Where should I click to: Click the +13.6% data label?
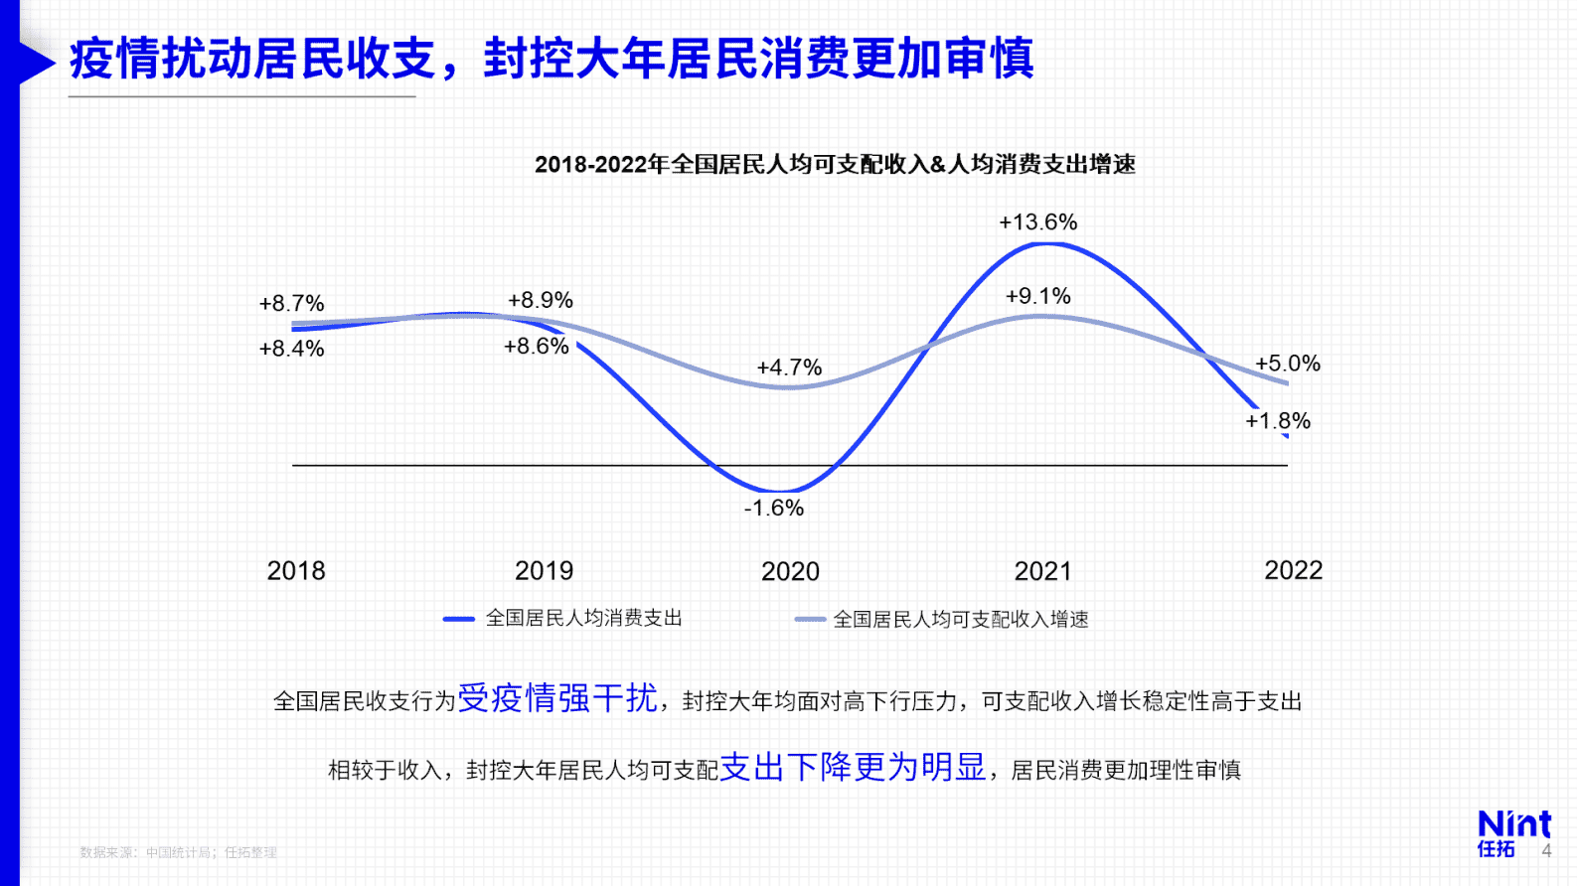coord(1037,222)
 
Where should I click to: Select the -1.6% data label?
coord(773,509)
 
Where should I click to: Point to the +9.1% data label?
coord(1037,297)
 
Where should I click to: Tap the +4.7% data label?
coord(789,369)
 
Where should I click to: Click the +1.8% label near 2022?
coord(1278,421)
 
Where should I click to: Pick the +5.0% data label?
coord(1288,365)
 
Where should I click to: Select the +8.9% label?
coord(541,301)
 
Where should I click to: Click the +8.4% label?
coord(291,349)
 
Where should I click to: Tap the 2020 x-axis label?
coord(790,572)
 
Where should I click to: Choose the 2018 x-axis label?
coord(296,571)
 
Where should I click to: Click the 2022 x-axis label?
coord(1293,571)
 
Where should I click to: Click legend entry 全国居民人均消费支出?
coord(583,619)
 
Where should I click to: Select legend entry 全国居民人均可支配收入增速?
coord(960,620)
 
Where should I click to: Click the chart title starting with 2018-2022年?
coord(835,165)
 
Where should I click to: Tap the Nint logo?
coord(1513,832)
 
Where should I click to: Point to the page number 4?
coord(1546,851)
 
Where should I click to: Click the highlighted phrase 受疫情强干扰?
coord(556,698)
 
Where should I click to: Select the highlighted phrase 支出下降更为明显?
coord(853,767)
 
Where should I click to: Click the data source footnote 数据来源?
coord(178,852)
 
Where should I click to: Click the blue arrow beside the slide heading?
coord(35,62)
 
